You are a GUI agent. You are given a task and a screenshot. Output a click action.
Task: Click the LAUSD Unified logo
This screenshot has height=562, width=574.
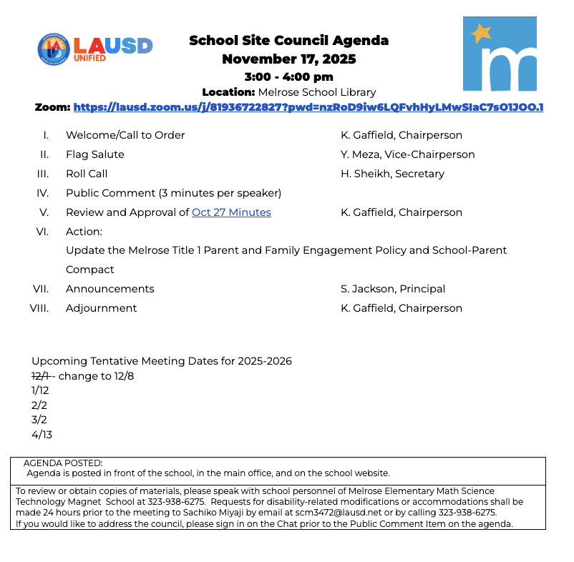pos(94,48)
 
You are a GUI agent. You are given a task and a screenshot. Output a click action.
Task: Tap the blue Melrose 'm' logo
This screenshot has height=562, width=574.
pos(500,54)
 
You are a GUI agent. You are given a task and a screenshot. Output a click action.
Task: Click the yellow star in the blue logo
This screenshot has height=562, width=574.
pos(480,32)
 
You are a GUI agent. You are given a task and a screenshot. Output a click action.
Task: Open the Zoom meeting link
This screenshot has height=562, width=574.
pos(308,107)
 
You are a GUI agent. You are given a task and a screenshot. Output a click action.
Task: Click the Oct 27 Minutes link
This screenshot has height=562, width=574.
pos(231,212)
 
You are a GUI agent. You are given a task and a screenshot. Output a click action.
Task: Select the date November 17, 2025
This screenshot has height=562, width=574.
pos(288,59)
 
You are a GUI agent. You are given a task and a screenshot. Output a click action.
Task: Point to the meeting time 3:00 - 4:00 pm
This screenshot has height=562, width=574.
pos(288,77)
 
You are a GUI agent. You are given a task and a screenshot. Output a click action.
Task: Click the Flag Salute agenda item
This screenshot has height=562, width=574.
pos(94,154)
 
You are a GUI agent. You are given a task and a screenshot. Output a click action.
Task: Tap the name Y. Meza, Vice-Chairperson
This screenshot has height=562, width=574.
pos(407,154)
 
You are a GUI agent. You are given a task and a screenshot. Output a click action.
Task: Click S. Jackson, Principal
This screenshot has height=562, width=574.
pos(393,289)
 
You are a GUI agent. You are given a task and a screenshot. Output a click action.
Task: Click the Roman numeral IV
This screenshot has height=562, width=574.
pos(42,193)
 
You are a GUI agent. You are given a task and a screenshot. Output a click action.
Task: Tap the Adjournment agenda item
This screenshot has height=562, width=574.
pos(101,308)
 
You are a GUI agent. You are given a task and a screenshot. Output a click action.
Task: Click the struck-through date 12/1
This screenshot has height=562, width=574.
pos(40,376)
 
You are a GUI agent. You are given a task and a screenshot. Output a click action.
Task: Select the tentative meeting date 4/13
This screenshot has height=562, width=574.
pos(42,434)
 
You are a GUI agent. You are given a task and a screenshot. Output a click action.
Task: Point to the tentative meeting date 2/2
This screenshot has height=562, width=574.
pos(39,405)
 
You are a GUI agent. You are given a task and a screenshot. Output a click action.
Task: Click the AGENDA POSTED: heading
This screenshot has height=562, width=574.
pos(63,463)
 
